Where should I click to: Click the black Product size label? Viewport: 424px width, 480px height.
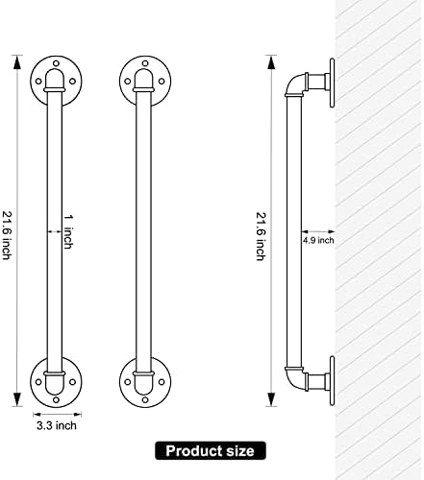211,450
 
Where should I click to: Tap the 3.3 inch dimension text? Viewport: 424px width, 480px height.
57,426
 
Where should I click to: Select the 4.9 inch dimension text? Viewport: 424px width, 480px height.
318,240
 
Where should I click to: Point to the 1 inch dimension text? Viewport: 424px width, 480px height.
67,231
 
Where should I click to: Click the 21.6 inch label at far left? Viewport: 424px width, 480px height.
8,235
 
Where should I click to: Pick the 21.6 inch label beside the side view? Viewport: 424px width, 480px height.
261,236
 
